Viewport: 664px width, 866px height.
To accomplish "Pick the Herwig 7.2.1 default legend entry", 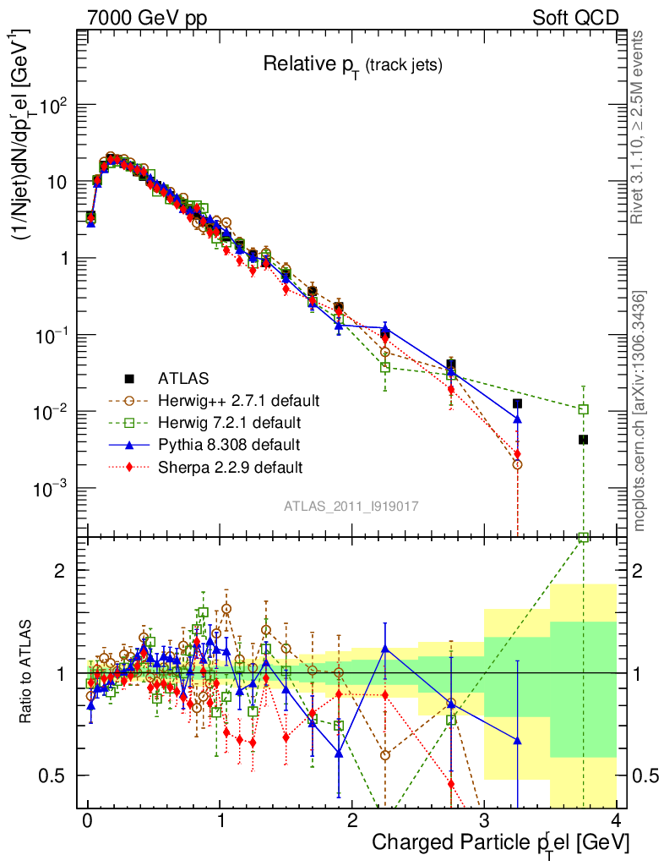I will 230,421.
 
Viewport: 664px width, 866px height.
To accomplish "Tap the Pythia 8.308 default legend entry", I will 229,443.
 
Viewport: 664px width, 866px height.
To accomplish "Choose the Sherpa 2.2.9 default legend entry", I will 230,466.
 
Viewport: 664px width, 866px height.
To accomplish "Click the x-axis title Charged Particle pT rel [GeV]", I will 500,842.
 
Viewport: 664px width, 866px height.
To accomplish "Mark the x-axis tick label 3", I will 484,821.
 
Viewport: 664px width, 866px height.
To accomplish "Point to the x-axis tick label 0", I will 87,821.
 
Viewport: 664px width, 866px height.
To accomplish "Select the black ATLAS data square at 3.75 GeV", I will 583,440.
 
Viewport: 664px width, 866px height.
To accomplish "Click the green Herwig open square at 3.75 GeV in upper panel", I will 583,409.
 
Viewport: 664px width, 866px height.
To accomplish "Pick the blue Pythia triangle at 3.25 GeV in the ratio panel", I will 517,741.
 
